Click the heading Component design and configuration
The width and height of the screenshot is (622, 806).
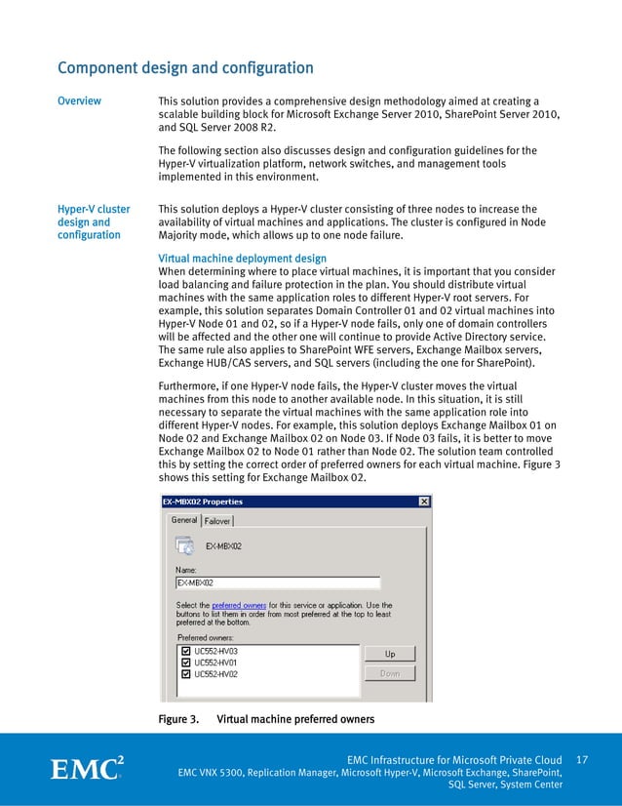pyautogui.click(x=185, y=68)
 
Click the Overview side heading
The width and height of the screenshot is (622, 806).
pyautogui.click(x=83, y=101)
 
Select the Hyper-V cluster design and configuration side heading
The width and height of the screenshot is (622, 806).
pyautogui.click(x=94, y=222)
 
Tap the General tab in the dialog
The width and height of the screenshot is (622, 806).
pyautogui.click(x=184, y=520)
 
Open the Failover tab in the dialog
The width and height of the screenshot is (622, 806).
pyautogui.click(x=217, y=521)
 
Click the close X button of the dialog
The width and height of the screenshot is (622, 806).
pyautogui.click(x=423, y=502)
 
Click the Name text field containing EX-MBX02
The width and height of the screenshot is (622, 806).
pyautogui.click(x=277, y=583)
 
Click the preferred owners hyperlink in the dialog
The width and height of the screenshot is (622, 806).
pyautogui.click(x=240, y=606)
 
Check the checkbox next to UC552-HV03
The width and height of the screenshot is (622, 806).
pyautogui.click(x=184, y=650)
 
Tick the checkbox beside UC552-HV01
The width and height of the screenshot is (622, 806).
pyautogui.click(x=184, y=662)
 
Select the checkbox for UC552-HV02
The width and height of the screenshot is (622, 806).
pyautogui.click(x=184, y=673)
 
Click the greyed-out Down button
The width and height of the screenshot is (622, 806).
pyautogui.click(x=389, y=673)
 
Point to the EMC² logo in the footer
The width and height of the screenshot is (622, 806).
pyautogui.click(x=87, y=768)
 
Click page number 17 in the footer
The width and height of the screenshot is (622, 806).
pyautogui.click(x=583, y=759)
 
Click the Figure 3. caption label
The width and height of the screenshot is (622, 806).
pyautogui.click(x=178, y=720)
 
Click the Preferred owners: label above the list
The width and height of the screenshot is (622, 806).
pyautogui.click(x=205, y=637)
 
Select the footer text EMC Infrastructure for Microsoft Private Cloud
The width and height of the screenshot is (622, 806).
pyautogui.click(x=454, y=760)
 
